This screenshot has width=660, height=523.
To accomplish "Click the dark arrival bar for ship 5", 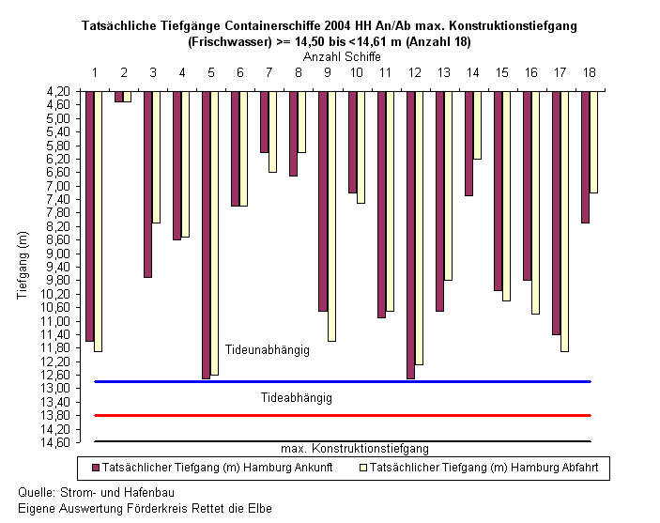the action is coord(207,235).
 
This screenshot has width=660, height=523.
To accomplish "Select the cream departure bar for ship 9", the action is coord(331,216).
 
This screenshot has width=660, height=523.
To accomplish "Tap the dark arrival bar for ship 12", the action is coord(411,235).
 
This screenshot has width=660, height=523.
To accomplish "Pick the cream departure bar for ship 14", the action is coord(477,125).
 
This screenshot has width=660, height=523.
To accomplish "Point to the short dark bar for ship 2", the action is coord(119,97).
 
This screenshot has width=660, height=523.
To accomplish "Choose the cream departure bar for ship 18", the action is coord(593,142).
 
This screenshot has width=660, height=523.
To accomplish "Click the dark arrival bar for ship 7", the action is coord(265,122).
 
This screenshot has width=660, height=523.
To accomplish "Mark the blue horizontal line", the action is coord(343,381).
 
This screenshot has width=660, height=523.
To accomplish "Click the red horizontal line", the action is coord(343,415).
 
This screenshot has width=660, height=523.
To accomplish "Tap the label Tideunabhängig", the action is coord(268,350).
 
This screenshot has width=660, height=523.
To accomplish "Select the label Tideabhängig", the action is coord(297,398).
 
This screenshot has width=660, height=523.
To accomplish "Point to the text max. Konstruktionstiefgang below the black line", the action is coord(355,449).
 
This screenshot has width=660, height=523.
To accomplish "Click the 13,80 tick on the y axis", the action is coord(54,416).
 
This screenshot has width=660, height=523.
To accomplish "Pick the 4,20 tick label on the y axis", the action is coord(57,91).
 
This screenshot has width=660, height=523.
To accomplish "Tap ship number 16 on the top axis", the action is coord(531,73).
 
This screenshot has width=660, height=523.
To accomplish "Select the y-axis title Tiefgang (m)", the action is coord(23,266).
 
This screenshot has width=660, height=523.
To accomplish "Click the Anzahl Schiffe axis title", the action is coord(342,56).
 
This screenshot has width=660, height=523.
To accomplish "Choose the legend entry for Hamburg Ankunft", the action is coord(212,468).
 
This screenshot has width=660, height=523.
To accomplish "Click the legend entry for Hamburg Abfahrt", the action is coord(479,468).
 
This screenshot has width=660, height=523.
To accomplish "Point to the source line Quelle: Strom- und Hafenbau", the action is coord(96,492).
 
